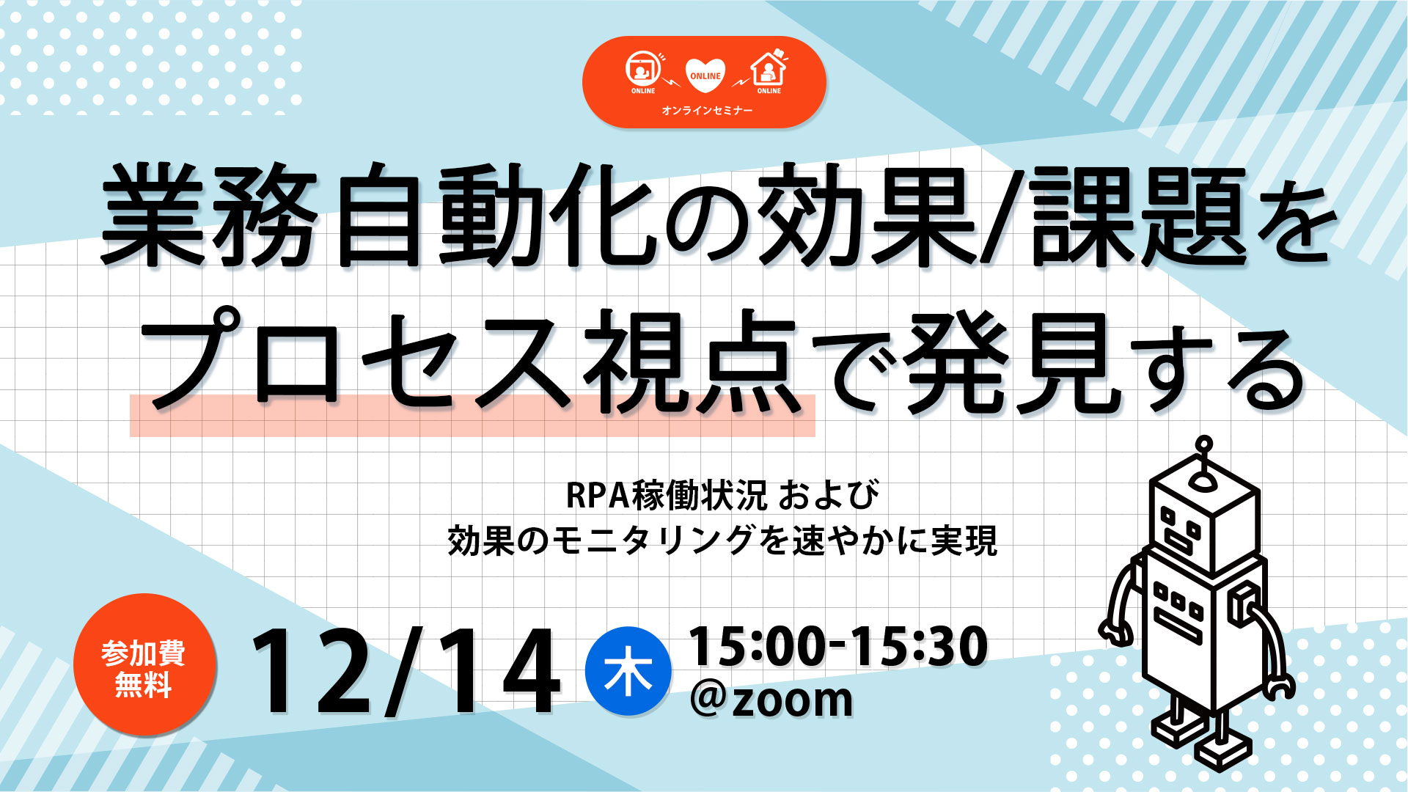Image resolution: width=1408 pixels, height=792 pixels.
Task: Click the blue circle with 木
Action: [628, 671]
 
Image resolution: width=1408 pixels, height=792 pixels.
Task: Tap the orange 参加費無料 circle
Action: [144, 664]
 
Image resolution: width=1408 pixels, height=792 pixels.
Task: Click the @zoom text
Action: [771, 699]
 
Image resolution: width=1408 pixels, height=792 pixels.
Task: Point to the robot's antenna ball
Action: [1203, 444]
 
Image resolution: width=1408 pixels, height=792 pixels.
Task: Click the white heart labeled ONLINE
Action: [705, 76]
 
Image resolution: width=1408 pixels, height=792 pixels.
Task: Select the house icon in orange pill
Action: [769, 68]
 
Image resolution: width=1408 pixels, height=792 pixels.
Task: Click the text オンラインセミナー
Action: [707, 110]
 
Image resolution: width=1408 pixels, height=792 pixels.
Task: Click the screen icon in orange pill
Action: [642, 68]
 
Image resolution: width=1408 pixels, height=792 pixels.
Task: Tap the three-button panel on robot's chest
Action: [1176, 601]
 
